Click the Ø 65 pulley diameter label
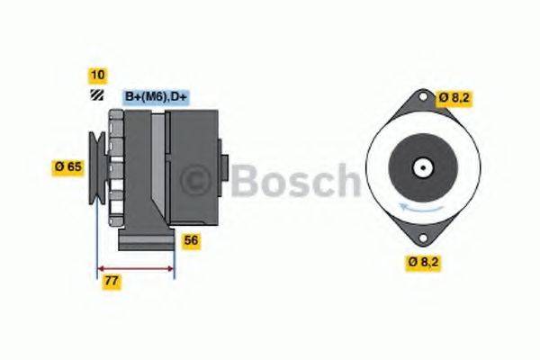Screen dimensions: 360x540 tap(68, 166)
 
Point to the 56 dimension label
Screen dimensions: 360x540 tap(191, 240)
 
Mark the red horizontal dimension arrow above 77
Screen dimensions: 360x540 tap(135, 268)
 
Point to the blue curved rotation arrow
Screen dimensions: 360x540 tap(421, 206)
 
